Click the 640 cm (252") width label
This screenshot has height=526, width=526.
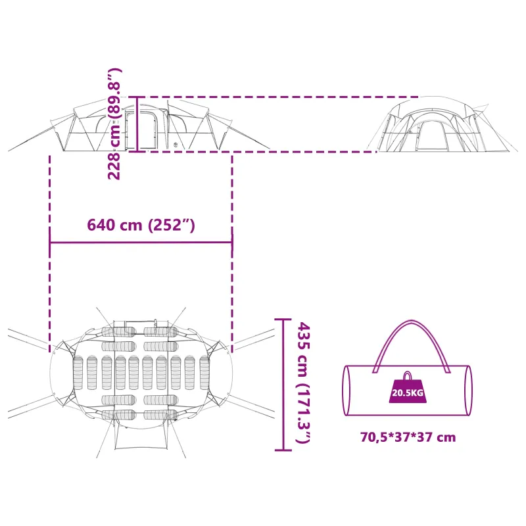[x=141, y=225]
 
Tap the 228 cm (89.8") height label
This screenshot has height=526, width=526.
[x=114, y=124]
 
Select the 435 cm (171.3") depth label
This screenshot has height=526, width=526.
[x=304, y=383]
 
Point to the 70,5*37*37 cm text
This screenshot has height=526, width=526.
[x=408, y=437]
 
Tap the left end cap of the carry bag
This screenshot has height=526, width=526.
[x=347, y=391]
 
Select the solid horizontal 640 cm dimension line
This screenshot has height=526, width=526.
[x=141, y=242]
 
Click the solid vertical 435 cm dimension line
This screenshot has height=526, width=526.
[x=283, y=385]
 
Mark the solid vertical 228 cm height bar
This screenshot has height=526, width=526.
[x=137, y=124]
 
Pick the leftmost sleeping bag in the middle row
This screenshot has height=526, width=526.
[x=78, y=373]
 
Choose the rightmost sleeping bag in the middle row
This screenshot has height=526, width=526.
[x=204, y=373]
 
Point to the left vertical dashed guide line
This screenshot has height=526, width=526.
[x=50, y=254]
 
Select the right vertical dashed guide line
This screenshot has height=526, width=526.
[x=232, y=254]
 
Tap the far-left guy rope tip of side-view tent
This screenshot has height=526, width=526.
[x=9, y=151]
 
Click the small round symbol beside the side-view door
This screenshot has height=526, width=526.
[x=175, y=145]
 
